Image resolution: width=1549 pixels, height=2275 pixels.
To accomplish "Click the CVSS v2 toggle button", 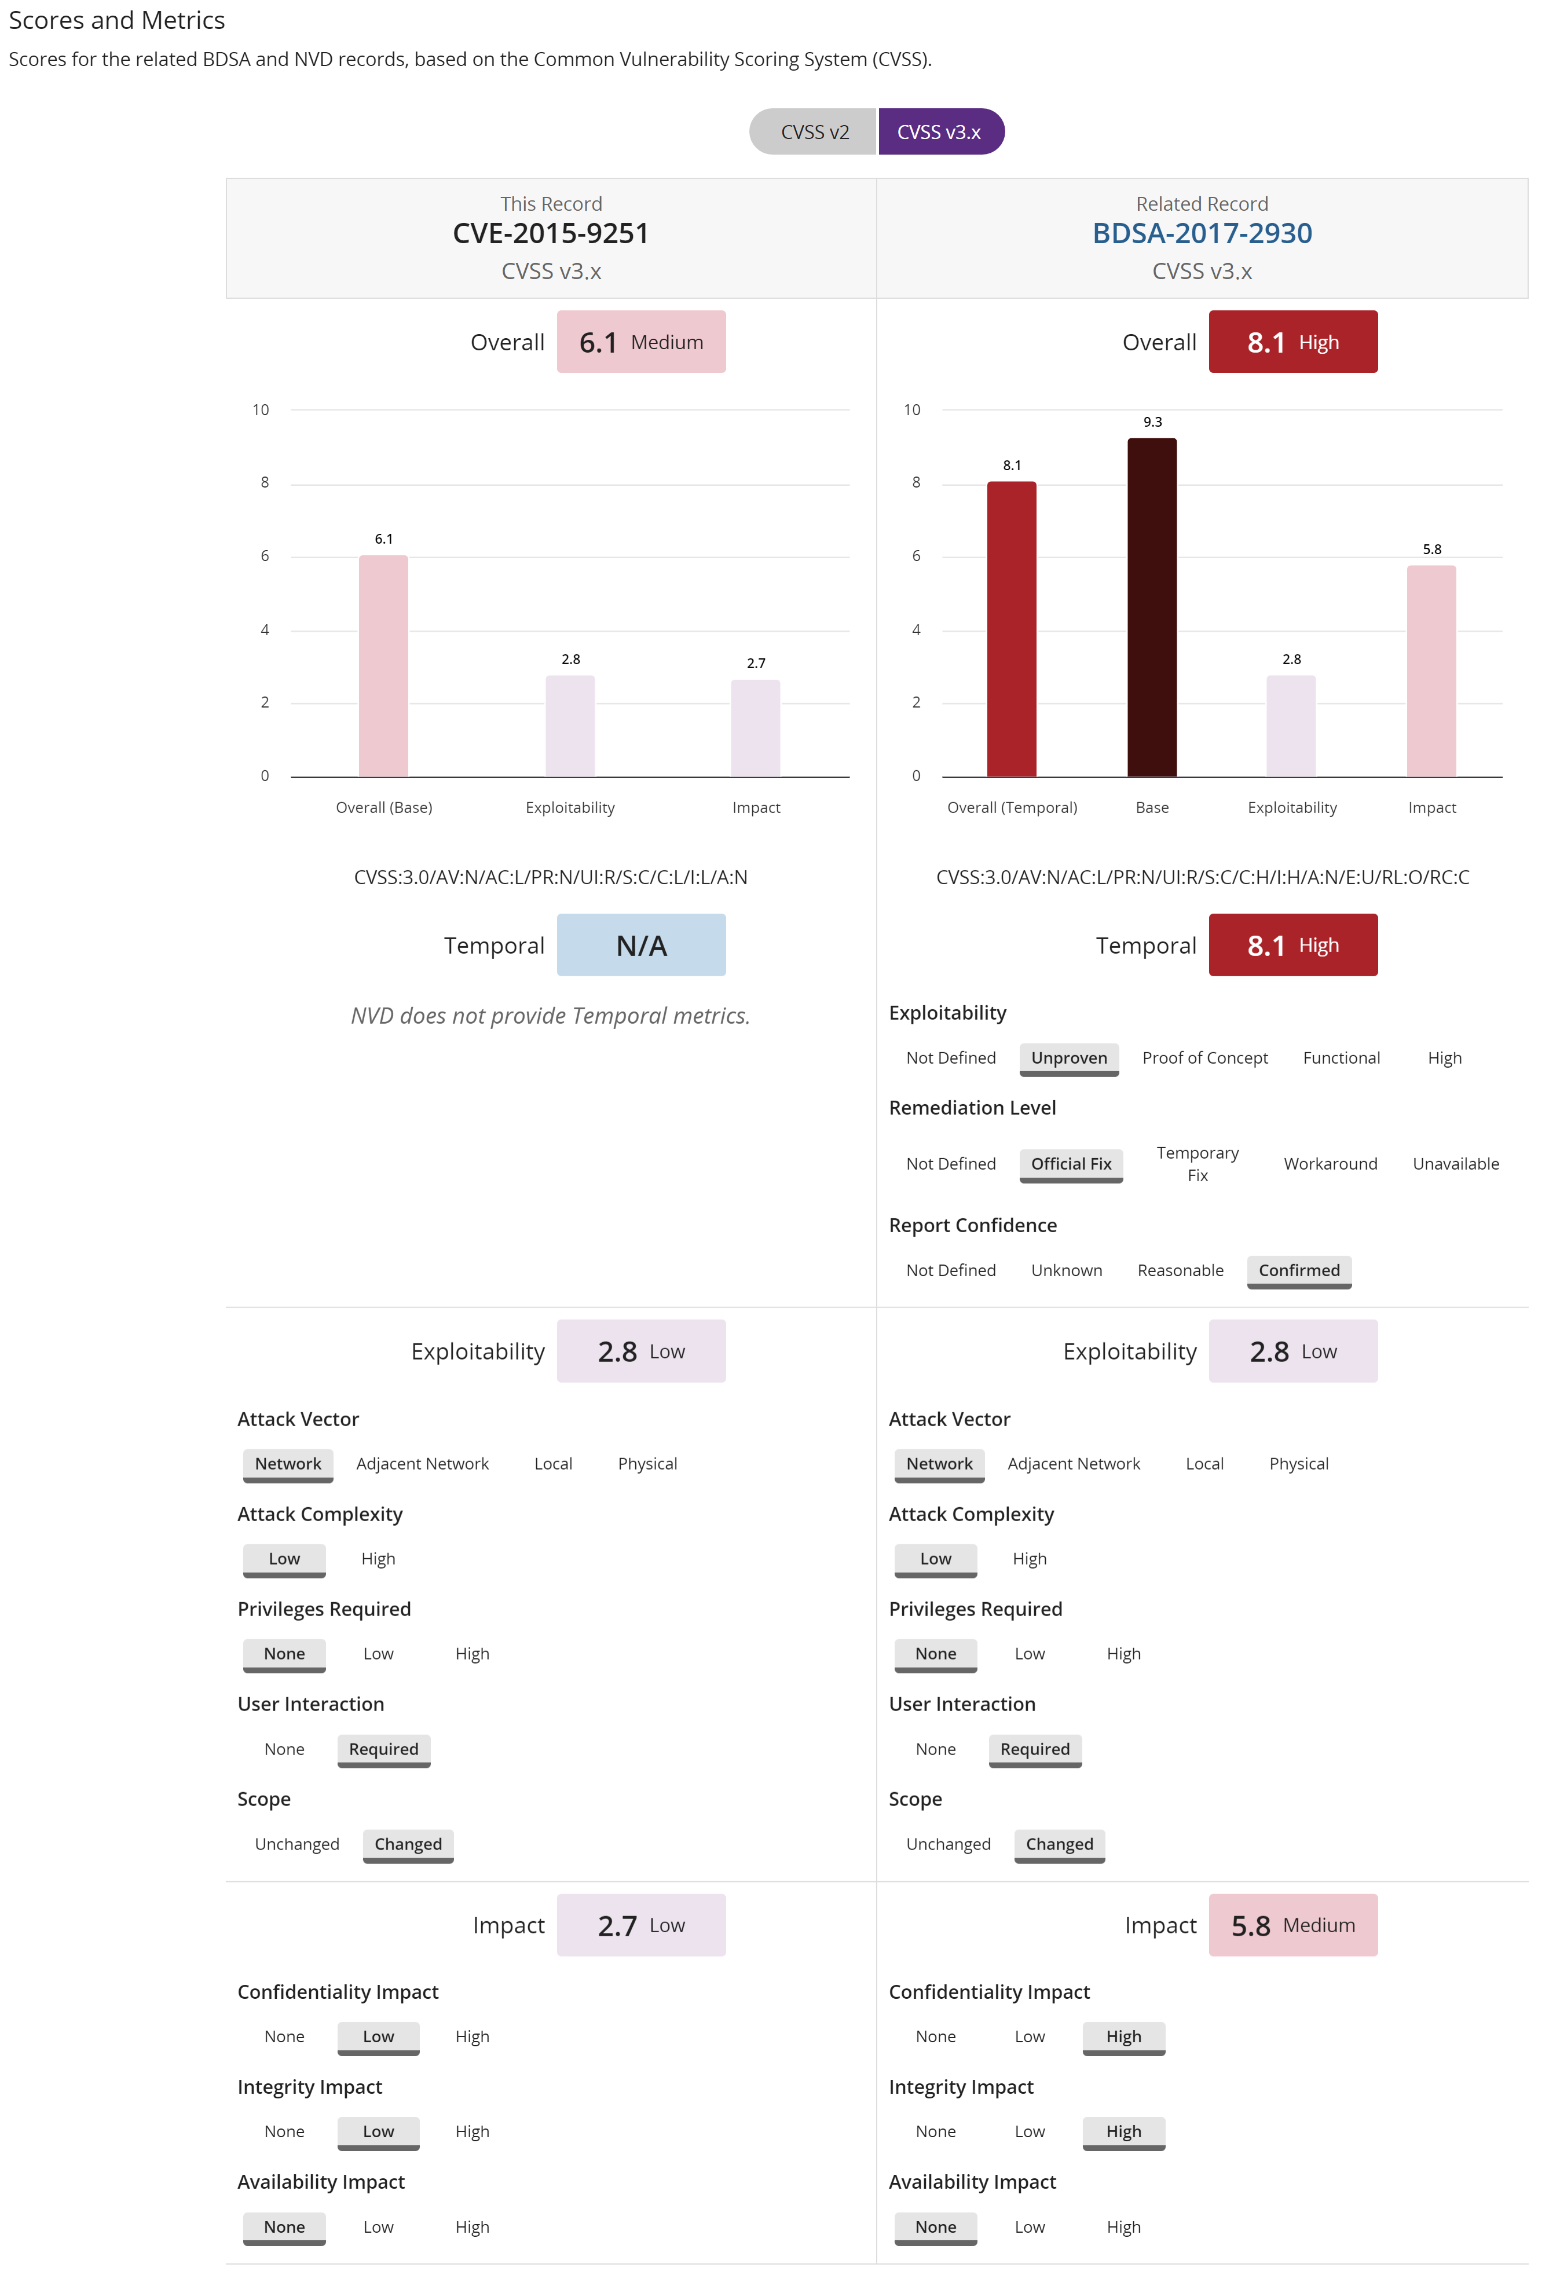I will pyautogui.click(x=814, y=132).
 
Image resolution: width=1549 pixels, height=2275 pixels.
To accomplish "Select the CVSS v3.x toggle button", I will pyautogui.click(x=939, y=132).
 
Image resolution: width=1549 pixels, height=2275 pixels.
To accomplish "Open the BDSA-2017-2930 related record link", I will pyautogui.click(x=1202, y=233).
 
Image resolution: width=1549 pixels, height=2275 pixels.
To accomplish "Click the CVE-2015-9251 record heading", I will pyautogui.click(x=550, y=233).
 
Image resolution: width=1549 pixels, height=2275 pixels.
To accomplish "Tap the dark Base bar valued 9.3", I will pyautogui.click(x=1151, y=607).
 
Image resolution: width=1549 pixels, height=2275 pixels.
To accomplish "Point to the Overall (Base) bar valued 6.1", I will pyautogui.click(x=383, y=666).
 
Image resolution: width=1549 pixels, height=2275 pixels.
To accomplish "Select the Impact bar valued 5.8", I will pyautogui.click(x=1430, y=671).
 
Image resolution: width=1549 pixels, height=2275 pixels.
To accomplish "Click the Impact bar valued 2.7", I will pyautogui.click(x=755, y=727).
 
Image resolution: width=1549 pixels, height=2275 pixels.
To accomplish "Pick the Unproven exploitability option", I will pyautogui.click(x=1068, y=1057).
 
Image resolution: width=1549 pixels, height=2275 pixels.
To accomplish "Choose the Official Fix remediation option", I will pyautogui.click(x=1070, y=1163).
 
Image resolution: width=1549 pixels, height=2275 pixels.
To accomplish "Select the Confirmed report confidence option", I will pyautogui.click(x=1298, y=1270).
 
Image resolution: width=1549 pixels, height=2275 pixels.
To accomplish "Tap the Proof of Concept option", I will pyautogui.click(x=1204, y=1057).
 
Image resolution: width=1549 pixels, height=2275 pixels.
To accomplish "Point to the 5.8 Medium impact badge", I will pyautogui.click(x=1292, y=1925).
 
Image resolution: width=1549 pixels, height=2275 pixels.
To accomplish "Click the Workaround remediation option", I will pyautogui.click(x=1330, y=1163).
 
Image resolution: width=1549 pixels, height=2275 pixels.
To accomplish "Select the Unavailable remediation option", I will pyautogui.click(x=1455, y=1163).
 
